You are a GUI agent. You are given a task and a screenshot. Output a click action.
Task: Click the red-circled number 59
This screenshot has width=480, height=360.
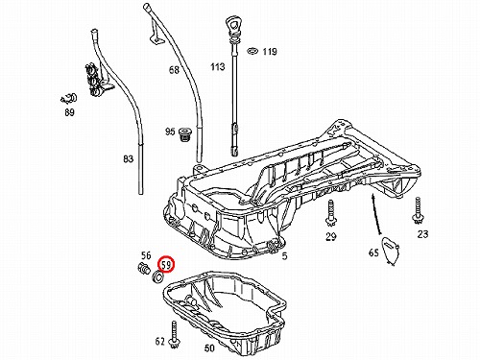click(167, 264)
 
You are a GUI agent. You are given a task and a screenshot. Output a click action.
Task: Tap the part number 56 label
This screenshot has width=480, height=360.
click(146, 255)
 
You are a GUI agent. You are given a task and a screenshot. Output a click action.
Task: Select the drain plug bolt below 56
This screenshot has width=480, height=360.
click(144, 269)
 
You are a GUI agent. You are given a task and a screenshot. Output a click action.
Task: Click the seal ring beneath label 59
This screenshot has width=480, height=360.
click(158, 276)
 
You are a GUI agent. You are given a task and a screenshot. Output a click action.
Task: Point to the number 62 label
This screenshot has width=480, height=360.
click(160, 342)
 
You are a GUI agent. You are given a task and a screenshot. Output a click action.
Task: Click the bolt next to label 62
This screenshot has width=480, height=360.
click(175, 335)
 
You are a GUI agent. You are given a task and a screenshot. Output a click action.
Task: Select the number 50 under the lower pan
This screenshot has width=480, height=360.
click(209, 348)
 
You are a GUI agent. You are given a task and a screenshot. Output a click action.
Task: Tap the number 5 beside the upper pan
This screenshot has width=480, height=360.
click(284, 255)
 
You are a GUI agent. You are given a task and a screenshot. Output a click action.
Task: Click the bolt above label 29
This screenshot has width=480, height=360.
click(329, 213)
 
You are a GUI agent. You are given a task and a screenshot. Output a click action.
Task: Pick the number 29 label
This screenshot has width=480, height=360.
click(331, 236)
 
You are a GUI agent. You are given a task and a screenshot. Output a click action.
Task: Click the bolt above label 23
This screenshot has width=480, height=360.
click(418, 210)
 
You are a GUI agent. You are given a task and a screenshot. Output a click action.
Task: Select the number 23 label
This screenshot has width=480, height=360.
click(422, 234)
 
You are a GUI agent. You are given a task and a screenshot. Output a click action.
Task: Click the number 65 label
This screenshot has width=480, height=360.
click(373, 252)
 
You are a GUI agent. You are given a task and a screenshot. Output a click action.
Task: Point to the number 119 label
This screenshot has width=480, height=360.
click(270, 52)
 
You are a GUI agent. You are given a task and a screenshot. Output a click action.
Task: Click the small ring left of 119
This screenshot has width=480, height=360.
click(252, 51)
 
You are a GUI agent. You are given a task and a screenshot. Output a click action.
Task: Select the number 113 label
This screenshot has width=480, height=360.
click(218, 67)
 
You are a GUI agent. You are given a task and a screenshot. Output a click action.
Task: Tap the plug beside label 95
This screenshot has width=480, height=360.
click(183, 135)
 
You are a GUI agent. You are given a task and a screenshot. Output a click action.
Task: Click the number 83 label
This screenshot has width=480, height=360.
click(128, 158)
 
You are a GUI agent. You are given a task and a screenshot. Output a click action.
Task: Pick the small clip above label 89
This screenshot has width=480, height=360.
click(69, 99)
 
